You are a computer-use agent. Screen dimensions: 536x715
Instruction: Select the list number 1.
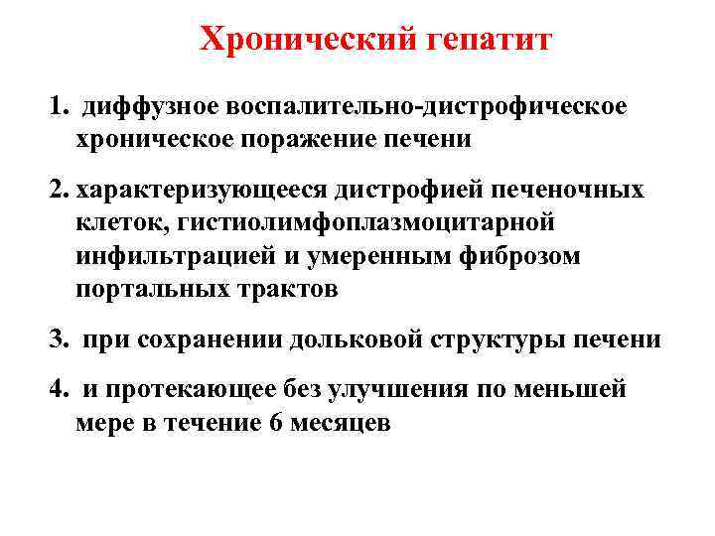59,106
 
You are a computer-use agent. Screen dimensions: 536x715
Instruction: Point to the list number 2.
59,189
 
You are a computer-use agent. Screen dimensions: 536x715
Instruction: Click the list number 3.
59,339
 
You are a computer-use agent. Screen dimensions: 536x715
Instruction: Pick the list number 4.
59,390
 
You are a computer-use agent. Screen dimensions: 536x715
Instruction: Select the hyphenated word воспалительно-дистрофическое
427,106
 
